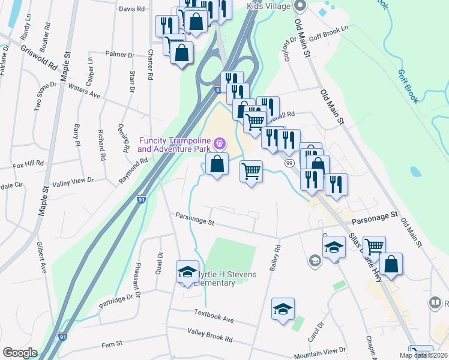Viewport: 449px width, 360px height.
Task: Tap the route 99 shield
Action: pos(289,163)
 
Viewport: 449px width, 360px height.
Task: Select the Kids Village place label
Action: pos(270,7)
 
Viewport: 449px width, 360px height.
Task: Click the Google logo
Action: pos(20,353)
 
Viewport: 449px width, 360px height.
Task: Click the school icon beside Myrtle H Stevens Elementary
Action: pos(187,272)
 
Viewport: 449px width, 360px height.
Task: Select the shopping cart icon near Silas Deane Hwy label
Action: pos(374,246)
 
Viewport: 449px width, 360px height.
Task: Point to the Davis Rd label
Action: pos(132,9)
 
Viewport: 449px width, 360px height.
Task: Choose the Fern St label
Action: pos(112,343)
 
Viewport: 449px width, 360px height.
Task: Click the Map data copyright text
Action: pos(424,355)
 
